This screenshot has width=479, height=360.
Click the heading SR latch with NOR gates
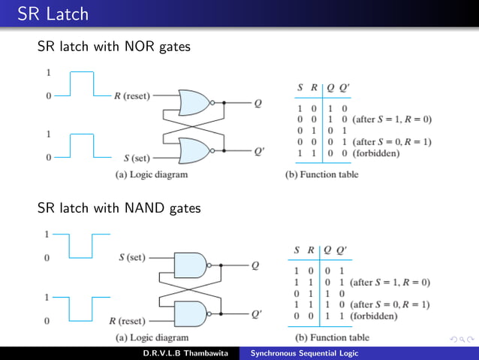pos(113,47)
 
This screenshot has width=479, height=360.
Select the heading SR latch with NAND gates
pos(119,207)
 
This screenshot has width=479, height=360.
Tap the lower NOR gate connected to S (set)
pos(194,150)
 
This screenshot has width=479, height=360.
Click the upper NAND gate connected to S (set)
pos(191,265)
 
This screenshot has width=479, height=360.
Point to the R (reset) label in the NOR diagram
pos(131,96)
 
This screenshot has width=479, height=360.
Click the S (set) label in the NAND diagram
pos(131,257)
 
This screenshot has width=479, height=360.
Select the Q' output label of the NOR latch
pos(259,151)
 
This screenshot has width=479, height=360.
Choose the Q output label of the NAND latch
pos(255,265)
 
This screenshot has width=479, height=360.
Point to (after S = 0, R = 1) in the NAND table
pos(390,304)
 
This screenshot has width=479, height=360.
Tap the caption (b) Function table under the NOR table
pos(322,174)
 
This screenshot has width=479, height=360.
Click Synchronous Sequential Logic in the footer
pos(304,353)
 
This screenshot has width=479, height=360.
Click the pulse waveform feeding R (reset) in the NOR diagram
pos(82,84)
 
